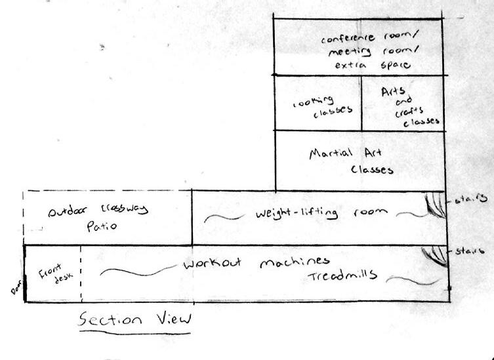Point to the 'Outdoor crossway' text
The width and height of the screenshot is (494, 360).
[99, 210]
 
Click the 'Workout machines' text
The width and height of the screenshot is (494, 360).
[255, 262]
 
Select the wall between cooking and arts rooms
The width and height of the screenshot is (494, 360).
[361, 102]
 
